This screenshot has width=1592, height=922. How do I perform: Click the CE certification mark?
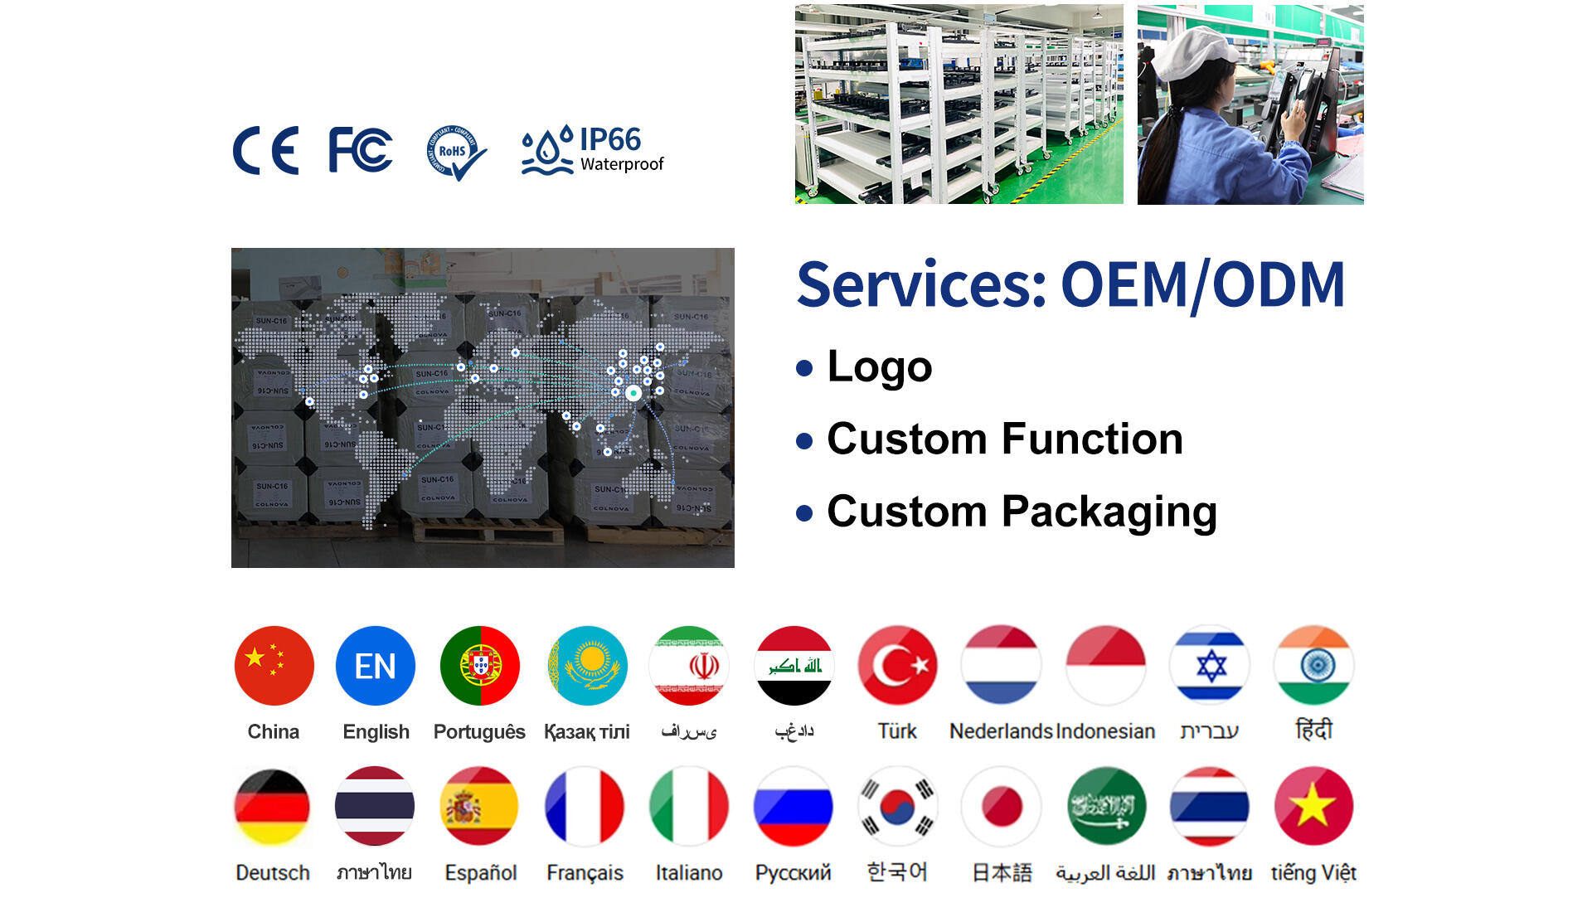click(265, 151)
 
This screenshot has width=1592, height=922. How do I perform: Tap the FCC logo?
click(360, 150)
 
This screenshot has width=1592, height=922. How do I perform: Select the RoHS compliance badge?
click(455, 152)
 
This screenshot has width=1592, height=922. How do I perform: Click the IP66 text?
click(609, 139)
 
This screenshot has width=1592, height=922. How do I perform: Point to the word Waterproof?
click(622, 164)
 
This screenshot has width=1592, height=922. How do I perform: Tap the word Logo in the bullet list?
click(880, 366)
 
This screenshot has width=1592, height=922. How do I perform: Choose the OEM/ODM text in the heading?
click(1202, 284)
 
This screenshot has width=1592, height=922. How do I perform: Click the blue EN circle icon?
click(376, 666)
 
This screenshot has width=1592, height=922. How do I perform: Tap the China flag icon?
click(274, 666)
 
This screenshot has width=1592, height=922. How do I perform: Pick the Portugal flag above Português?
click(480, 666)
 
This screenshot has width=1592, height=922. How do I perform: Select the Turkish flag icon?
click(897, 666)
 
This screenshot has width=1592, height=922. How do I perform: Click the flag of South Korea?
click(897, 806)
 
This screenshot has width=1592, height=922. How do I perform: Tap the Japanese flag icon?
click(1002, 806)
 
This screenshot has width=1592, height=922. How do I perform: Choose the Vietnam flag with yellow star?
click(1313, 806)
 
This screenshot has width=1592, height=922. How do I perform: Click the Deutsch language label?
click(273, 872)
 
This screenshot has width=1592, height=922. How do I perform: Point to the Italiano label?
click(689, 872)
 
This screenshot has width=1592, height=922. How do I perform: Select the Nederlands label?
click(1001, 731)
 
